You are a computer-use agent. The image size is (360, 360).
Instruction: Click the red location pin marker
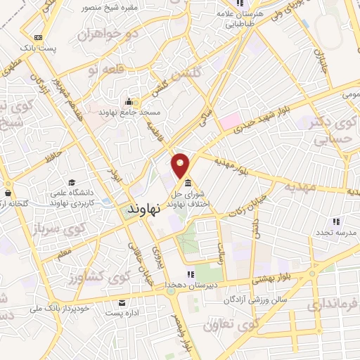pos(181,165)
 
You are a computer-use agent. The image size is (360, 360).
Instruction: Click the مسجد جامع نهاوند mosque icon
pos(129,101)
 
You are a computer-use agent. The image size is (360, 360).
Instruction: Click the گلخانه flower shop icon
pos(7,193)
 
